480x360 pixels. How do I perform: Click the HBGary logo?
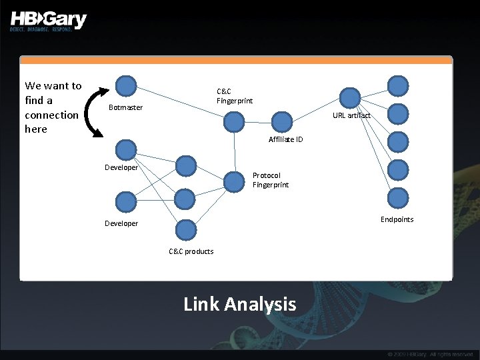click(x=48, y=20)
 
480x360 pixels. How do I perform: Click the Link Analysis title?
click(x=239, y=305)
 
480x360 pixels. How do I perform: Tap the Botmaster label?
click(x=125, y=107)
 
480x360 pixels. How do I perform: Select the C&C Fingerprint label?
click(x=235, y=96)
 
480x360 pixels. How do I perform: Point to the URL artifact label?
click(x=351, y=115)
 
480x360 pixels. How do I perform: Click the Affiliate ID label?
click(x=285, y=139)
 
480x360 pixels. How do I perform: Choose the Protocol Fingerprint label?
click(x=271, y=180)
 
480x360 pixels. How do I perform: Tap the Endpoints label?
click(x=397, y=219)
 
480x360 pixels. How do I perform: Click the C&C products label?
click(x=191, y=251)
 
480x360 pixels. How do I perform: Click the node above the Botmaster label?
click(x=126, y=86)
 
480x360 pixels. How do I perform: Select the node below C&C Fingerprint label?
click(x=234, y=121)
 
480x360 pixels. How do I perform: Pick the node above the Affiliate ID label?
click(x=283, y=121)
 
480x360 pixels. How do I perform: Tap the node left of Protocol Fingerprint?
click(x=234, y=181)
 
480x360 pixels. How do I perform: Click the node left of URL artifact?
click(x=350, y=97)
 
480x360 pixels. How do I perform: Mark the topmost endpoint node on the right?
click(x=398, y=86)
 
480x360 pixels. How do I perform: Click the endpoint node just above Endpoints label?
click(x=398, y=198)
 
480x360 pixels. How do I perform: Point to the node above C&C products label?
click(x=186, y=229)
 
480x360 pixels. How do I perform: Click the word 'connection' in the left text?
click(x=51, y=115)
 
